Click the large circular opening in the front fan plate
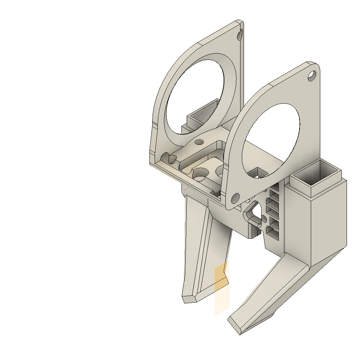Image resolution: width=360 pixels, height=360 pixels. click(x=271, y=141)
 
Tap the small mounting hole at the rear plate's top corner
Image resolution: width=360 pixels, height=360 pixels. click(x=240, y=35)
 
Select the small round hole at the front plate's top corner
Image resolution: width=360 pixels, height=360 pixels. click(x=311, y=75)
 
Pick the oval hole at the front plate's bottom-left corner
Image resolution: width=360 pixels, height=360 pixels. click(x=235, y=199)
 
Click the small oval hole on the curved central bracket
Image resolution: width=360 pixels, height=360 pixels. click(x=199, y=142)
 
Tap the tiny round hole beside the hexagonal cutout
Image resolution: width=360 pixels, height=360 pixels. click(x=264, y=219)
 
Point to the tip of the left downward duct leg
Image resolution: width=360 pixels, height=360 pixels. click(x=189, y=299)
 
